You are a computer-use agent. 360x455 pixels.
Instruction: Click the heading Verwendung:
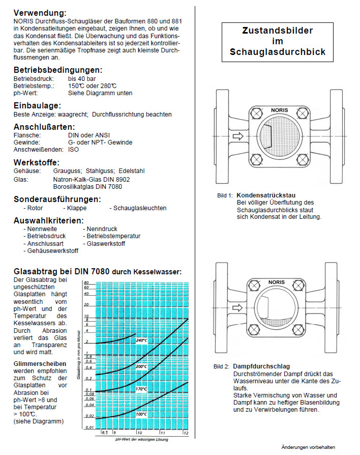[x=40, y=12]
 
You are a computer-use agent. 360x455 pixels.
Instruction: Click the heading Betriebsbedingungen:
[x=57, y=70]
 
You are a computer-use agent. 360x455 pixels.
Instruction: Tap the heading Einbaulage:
[x=37, y=105]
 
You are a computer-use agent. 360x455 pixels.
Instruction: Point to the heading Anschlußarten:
[x=44, y=126]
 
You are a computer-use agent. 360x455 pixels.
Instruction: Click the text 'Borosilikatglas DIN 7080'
[x=87, y=187]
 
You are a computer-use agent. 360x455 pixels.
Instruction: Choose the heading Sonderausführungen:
[x=57, y=199]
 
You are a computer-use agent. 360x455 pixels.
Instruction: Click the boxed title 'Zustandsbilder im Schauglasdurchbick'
[x=277, y=41]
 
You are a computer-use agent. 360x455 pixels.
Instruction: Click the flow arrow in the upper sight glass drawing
[x=238, y=136]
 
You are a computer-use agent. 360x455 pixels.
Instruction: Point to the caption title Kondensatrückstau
[x=266, y=195]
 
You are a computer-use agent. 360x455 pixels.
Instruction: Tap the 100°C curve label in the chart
[x=141, y=414]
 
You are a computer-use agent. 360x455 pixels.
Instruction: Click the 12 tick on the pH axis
[x=186, y=433]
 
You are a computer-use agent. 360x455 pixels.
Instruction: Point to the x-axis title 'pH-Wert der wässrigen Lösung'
[x=142, y=439]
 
